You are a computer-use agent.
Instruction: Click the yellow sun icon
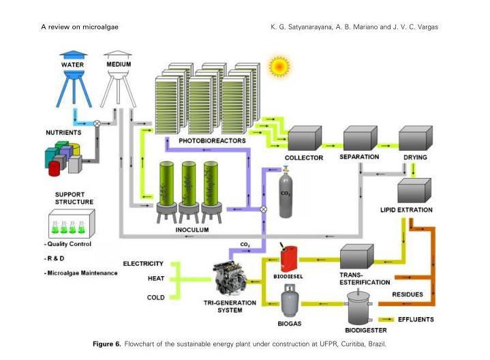[x=279, y=67]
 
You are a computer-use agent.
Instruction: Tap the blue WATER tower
[x=73, y=76]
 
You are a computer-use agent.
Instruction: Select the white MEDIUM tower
[x=119, y=76]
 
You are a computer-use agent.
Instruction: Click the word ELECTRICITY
[x=143, y=263]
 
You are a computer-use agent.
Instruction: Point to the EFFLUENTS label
[x=416, y=319]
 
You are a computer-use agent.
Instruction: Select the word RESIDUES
[x=407, y=295]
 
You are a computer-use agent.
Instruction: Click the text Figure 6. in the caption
[x=107, y=344]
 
